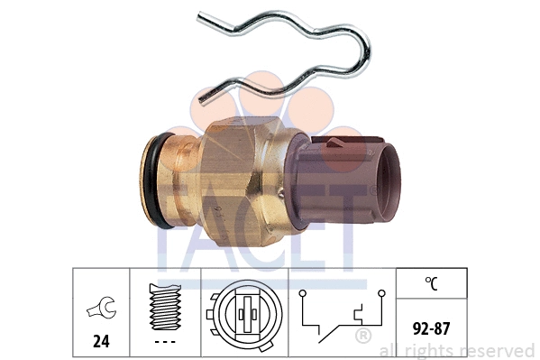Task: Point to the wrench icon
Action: tap(102, 308)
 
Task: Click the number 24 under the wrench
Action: tap(101, 341)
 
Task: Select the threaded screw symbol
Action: tap(165, 307)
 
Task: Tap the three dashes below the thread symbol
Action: tap(165, 342)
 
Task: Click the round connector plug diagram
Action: tap(244, 315)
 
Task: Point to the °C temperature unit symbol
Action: tap(431, 283)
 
